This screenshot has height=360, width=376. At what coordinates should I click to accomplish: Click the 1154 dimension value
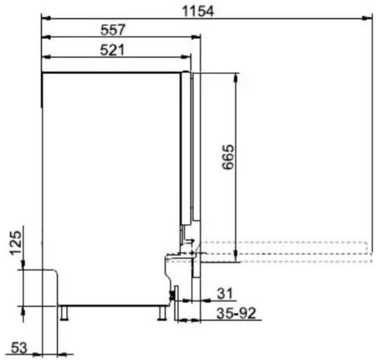pos(198,12)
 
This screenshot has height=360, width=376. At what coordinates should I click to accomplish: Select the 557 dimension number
pos(113,30)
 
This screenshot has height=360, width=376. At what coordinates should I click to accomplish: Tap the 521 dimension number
pos(112,50)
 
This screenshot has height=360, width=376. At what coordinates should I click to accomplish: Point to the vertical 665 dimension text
pos(228,157)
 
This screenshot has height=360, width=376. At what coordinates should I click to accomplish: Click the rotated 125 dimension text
pos(16,243)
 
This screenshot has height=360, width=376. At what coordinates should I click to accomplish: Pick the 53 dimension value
pos(19,347)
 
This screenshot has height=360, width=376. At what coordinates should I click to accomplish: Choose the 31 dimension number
pos(225,294)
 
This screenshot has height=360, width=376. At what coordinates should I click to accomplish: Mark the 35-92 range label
pos(236,313)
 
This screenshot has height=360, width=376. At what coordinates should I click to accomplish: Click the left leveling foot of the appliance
pos(64,313)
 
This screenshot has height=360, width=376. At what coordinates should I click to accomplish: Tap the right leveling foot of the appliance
pos(162,313)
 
